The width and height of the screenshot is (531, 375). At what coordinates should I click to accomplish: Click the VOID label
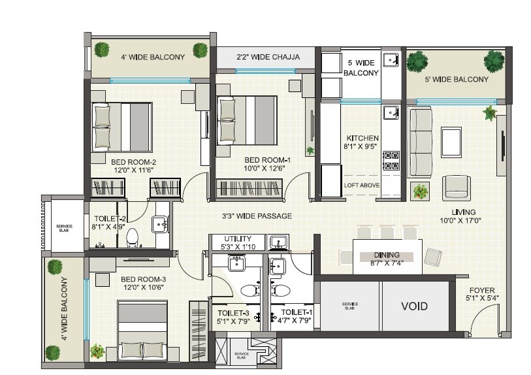coord(414,306)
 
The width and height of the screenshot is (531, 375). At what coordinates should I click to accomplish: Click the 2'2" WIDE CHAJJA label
coord(268,57)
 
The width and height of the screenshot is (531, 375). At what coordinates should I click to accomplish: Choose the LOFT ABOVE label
coord(362,186)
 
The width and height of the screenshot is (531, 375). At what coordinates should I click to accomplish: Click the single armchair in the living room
coord(455,187)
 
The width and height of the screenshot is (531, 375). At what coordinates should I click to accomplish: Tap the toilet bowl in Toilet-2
coord(133,236)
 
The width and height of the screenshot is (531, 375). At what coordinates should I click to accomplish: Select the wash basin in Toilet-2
coord(160,225)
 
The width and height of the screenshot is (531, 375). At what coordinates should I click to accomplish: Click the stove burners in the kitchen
coord(391,161)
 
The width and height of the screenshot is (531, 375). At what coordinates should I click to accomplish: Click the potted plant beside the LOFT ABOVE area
coord(420,191)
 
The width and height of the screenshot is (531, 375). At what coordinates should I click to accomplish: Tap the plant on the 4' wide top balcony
coord(101,49)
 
